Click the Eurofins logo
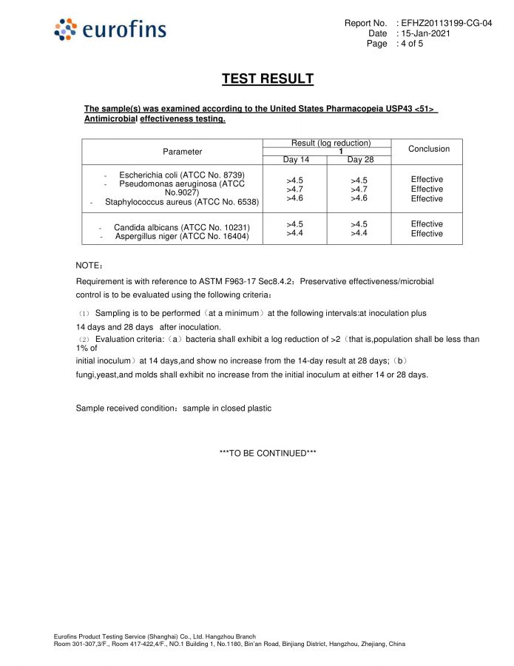tap(110, 30)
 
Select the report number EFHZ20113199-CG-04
tap(446, 24)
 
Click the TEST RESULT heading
tap(268, 79)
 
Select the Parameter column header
tap(182, 152)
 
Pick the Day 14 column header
tap(296, 160)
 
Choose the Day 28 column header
tap(360, 160)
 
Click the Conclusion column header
tap(428, 149)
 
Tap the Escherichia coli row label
tap(181, 175)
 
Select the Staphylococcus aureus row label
tap(181, 201)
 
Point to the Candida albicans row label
tap(181, 227)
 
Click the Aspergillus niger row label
tap(181, 237)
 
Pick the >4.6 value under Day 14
tap(295, 198)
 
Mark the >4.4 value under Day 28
tap(360, 234)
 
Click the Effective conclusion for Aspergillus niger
tap(427, 234)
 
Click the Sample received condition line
tap(173, 408)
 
